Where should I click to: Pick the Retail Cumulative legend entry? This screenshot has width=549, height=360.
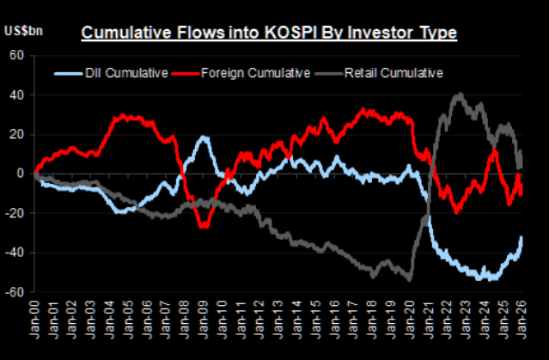click(x=392, y=73)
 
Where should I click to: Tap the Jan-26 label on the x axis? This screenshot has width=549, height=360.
click(x=523, y=317)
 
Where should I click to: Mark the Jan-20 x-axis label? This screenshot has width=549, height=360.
click(x=411, y=317)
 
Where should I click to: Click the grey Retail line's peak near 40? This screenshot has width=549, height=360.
click(x=461, y=95)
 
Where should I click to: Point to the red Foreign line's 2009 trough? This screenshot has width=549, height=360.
click(x=204, y=225)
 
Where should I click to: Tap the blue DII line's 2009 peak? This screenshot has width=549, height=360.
click(x=204, y=137)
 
